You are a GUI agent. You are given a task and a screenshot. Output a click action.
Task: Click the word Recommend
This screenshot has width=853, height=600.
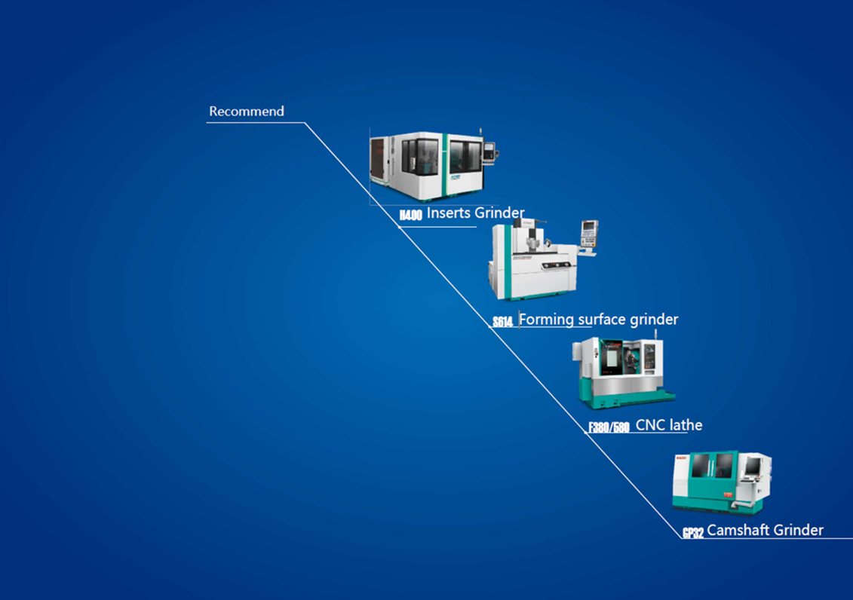coord(247,112)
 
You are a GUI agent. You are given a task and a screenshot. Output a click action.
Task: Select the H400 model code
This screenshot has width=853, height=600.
coord(411,216)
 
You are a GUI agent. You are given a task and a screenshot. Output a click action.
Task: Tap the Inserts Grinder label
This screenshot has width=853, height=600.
coord(475,213)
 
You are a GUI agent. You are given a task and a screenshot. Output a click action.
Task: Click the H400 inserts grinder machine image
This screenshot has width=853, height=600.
coord(430,166)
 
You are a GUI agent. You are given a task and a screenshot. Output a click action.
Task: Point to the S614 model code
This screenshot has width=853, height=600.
coord(503,323)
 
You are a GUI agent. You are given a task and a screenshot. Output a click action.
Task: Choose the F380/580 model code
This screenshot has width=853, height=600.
coord(609,428)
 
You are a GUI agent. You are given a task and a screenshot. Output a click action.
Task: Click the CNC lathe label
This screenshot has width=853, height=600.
coord(669,425)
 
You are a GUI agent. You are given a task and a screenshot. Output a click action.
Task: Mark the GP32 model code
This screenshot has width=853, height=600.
coord(693,533)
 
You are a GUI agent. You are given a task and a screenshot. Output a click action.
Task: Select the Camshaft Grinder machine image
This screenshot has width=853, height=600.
coord(720,482)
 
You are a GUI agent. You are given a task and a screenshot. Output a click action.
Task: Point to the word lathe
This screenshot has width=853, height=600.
coord(684,425)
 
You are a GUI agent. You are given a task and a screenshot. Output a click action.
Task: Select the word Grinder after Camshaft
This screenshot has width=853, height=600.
coord(798,530)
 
